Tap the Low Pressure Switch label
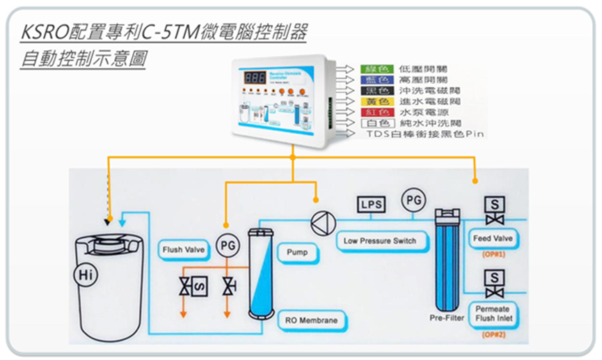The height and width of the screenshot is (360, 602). [x=379, y=241]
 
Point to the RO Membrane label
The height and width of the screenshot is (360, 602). [x=311, y=320]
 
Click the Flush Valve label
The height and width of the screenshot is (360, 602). [x=182, y=249]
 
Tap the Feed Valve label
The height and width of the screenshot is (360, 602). [x=493, y=239]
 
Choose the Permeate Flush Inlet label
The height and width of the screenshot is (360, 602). [x=493, y=314]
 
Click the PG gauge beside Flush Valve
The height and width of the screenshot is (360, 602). [x=226, y=245]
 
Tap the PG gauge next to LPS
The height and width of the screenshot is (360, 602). [x=413, y=201]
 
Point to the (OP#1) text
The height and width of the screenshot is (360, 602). [x=493, y=256]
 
